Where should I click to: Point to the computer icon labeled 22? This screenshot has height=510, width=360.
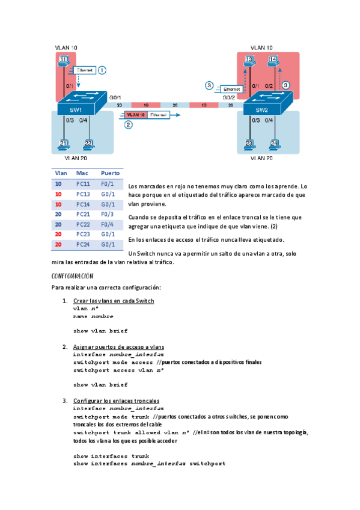[88, 144]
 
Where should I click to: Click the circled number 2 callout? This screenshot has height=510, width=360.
[128, 125]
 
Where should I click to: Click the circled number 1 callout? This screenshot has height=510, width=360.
[102, 70]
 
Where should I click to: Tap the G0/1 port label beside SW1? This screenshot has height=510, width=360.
[115, 97]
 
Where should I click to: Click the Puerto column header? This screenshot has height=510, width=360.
[110, 173]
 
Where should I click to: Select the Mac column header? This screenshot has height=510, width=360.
[82, 173]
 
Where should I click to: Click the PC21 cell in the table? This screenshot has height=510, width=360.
[83, 214]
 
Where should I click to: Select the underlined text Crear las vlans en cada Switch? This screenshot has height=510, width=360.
[114, 301]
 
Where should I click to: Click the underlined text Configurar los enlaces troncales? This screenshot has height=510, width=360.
[116, 401]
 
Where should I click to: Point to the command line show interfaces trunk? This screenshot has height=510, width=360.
[111, 456]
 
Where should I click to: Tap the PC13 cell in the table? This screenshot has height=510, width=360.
[83, 194]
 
